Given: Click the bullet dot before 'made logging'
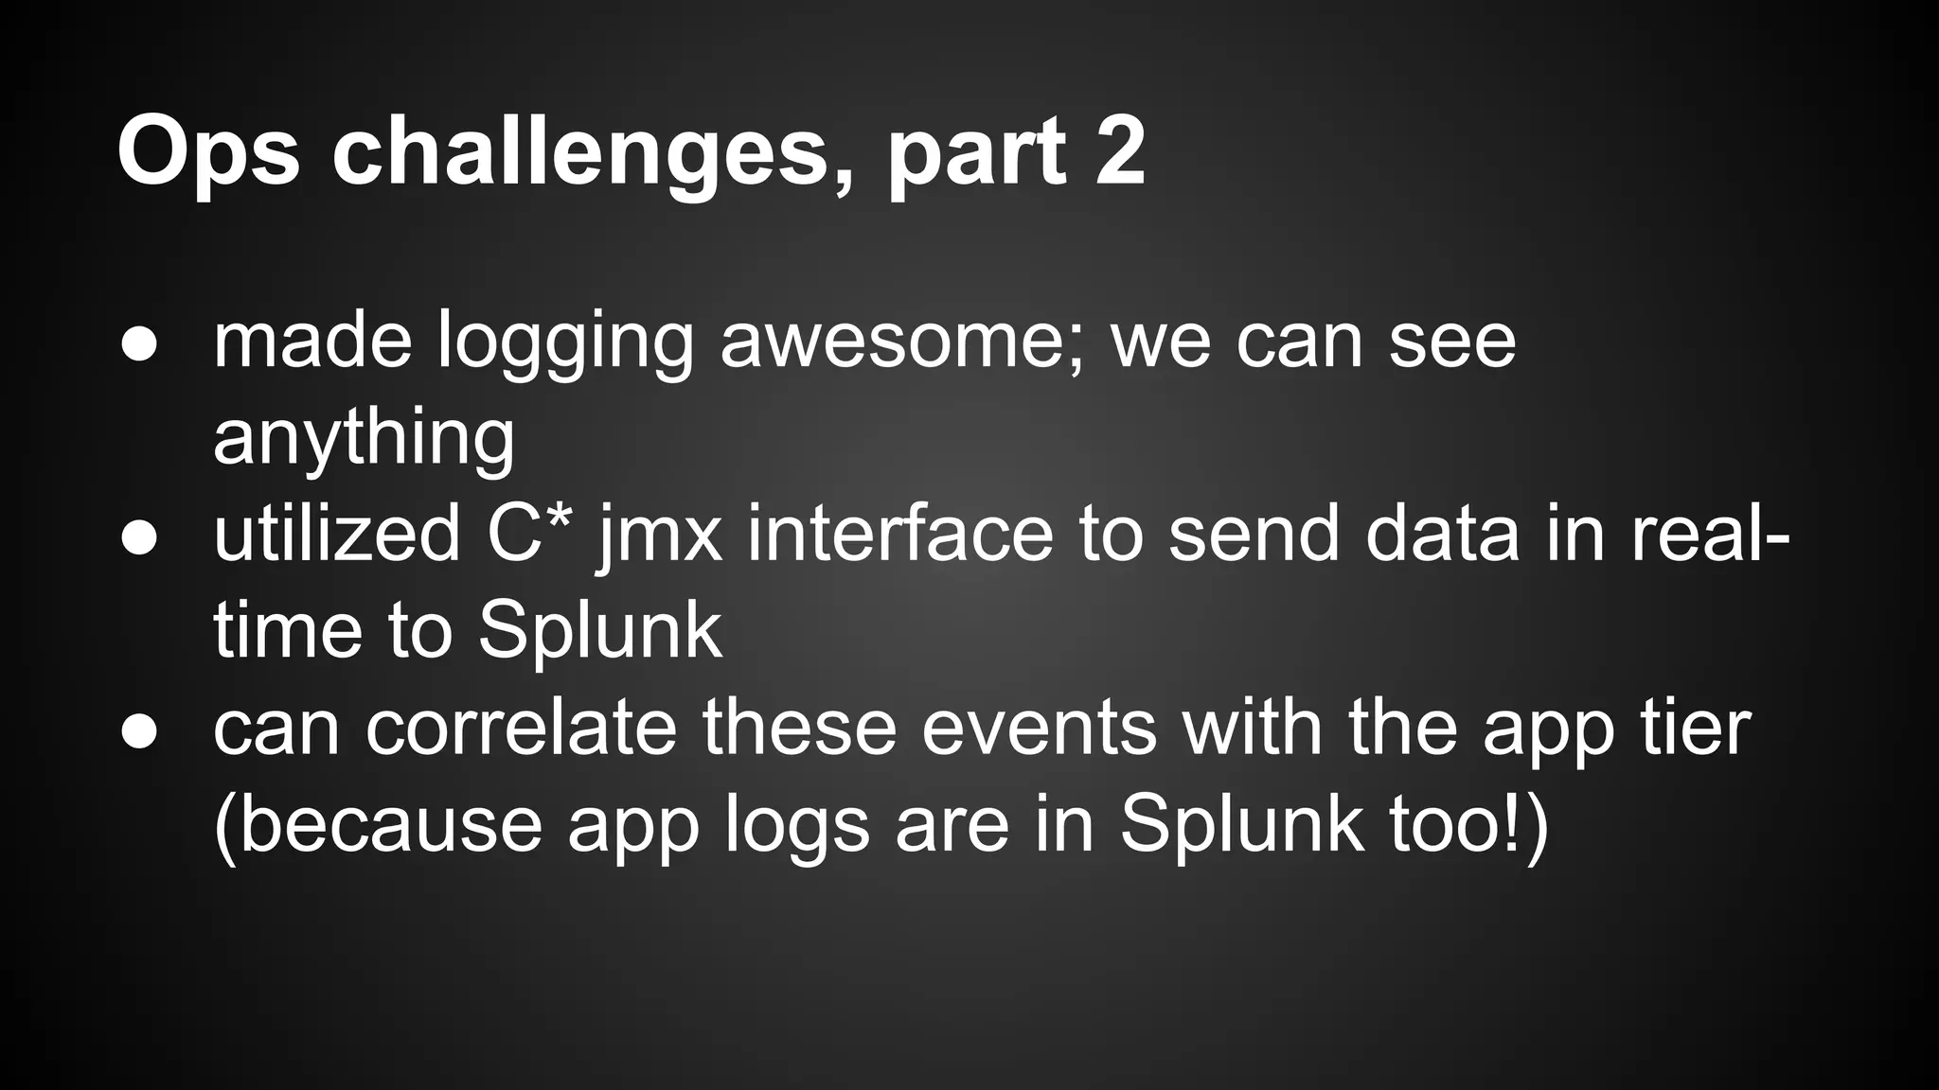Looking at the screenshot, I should click(139, 345).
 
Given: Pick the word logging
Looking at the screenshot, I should click(565, 345).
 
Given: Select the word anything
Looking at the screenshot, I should click(364, 440).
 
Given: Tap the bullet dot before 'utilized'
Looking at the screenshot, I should click(139, 538).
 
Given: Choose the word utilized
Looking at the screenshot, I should click(337, 535).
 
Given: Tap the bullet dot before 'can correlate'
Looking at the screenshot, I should click(139, 732).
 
